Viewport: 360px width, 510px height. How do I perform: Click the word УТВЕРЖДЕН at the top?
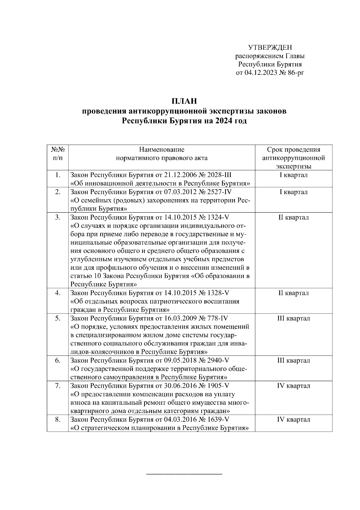(x=270, y=47)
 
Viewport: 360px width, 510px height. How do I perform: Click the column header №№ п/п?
(x=58, y=153)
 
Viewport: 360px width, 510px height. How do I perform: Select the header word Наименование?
(x=162, y=150)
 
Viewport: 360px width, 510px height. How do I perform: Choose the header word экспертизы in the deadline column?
(x=293, y=166)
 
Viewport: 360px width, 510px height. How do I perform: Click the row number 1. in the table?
(x=58, y=175)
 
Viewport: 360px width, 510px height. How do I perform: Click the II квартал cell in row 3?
(x=293, y=217)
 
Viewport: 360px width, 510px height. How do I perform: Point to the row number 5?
(x=58, y=318)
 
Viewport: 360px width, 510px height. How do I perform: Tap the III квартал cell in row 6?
(x=293, y=360)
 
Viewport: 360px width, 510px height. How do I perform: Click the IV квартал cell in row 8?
(x=293, y=420)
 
